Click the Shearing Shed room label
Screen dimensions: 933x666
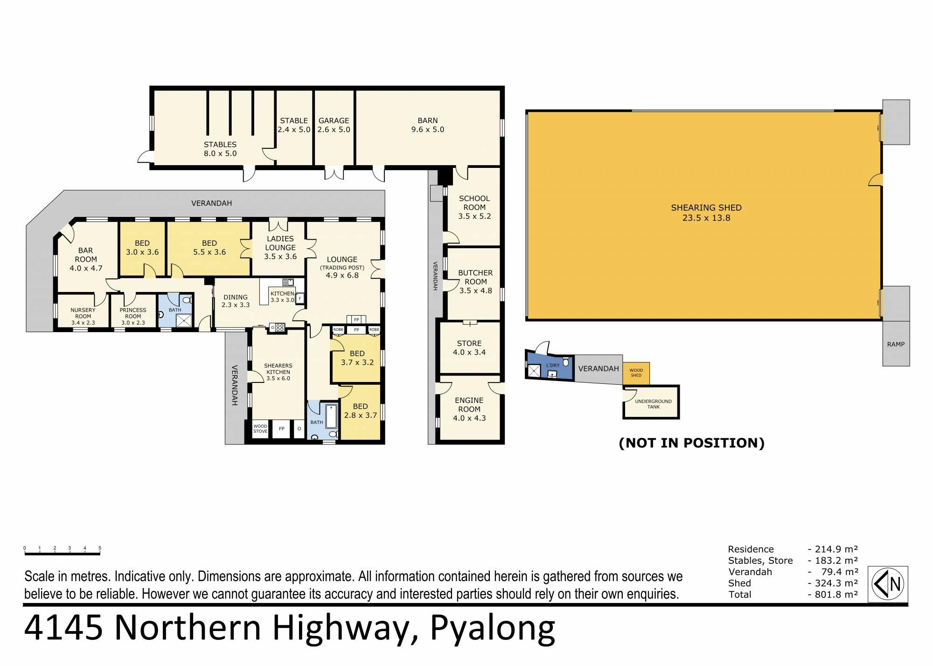(706, 213)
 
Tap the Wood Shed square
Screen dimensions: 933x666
(636, 374)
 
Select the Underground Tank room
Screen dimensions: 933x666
(651, 402)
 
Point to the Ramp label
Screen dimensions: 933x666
(896, 344)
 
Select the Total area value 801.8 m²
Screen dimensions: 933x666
(833, 594)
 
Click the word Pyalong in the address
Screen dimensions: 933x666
(493, 630)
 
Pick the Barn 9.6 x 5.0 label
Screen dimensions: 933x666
(427, 125)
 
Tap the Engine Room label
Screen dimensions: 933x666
(469, 409)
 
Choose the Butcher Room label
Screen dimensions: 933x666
(475, 282)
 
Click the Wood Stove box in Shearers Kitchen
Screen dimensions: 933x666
(260, 429)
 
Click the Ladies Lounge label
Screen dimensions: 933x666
(280, 247)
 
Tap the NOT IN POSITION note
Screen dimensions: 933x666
(691, 443)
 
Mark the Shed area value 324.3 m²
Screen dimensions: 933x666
(833, 583)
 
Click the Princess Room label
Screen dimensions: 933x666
(133, 316)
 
